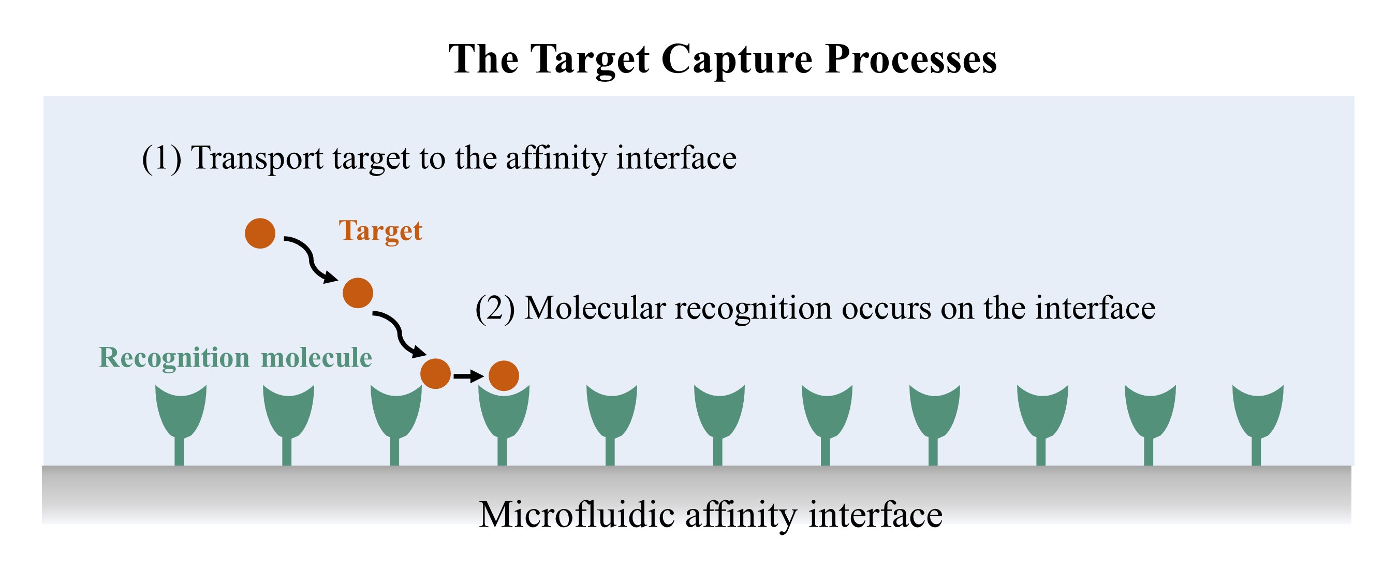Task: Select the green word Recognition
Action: pyautogui.click(x=174, y=358)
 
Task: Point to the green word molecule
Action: pyautogui.click(x=316, y=357)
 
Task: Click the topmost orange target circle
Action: pyautogui.click(x=260, y=234)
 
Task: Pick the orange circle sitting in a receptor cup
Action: pyautogui.click(x=504, y=376)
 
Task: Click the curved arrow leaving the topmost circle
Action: pyautogui.click(x=311, y=259)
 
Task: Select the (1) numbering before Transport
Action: pyautogui.click(x=161, y=158)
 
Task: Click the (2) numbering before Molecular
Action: pyautogui.click(x=495, y=309)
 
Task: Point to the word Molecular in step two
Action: pyautogui.click(x=595, y=309)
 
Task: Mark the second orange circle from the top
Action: pyautogui.click(x=358, y=293)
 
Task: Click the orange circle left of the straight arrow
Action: pyautogui.click(x=436, y=373)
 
